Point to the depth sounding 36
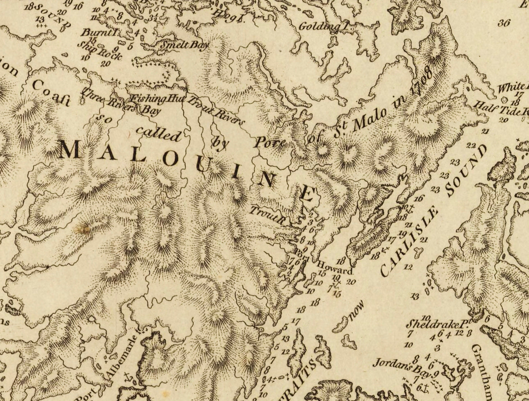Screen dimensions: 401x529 click(504, 23)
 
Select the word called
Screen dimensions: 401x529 click(159, 134)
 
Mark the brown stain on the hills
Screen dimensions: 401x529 click(82, 229)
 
